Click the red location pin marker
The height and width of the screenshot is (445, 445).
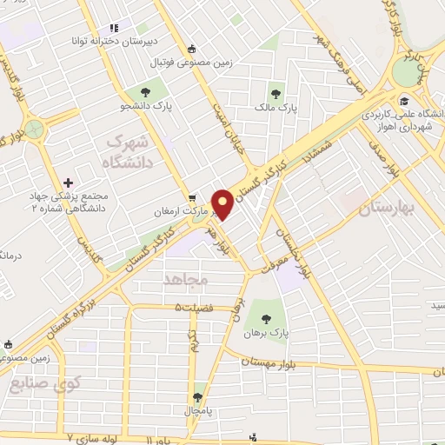pos(223,203)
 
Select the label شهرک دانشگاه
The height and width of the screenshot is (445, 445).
pos(127,150)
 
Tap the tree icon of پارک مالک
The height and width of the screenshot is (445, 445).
pos(276,92)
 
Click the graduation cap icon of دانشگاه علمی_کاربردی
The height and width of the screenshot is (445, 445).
pos(404,101)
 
